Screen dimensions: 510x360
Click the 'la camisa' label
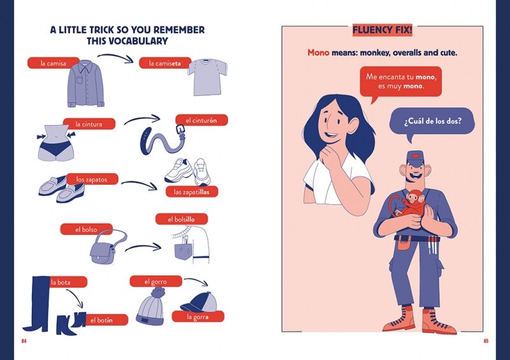tap(54, 63)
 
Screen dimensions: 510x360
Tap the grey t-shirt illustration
tap(208, 77)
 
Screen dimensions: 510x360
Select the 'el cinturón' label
tap(201, 120)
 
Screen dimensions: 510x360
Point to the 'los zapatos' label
tap(92, 179)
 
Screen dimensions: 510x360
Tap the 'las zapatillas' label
tap(192, 192)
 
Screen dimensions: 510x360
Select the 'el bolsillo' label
tap(182, 219)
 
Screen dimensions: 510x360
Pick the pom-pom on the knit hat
tap(157, 292)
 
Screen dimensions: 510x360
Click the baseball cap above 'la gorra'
tap(199, 302)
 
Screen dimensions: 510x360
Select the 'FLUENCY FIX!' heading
tap(382, 30)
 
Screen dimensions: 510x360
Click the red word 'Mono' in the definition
tap(318, 52)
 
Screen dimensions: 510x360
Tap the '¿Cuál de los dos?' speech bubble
tap(432, 122)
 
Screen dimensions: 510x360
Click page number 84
tap(24, 341)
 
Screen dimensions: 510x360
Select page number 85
tap(486, 341)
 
